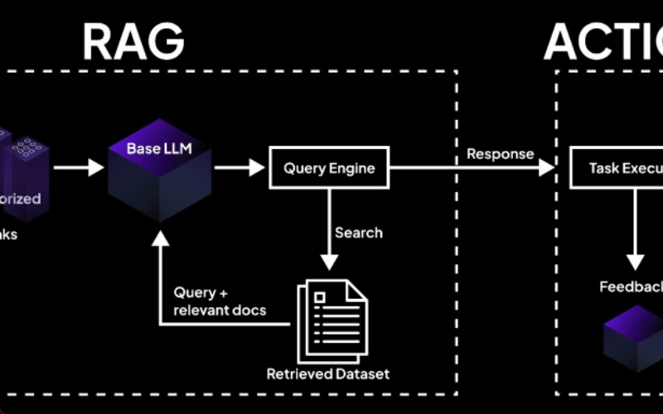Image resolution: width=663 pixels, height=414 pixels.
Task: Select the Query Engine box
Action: pyautogui.click(x=329, y=169)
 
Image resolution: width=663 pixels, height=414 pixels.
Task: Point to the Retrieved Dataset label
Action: pyautogui.click(x=328, y=373)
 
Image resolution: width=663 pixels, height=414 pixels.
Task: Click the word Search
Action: pyautogui.click(x=358, y=233)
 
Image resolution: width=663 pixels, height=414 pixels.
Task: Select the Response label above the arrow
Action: pyautogui.click(x=500, y=153)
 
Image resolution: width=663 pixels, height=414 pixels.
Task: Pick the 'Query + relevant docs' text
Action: pyautogui.click(x=220, y=301)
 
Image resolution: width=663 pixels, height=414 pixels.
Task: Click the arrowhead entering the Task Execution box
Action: pyautogui.click(x=546, y=169)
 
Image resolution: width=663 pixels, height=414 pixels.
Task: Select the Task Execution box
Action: pyautogui.click(x=617, y=169)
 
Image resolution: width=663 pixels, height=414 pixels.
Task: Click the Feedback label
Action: pyautogui.click(x=632, y=286)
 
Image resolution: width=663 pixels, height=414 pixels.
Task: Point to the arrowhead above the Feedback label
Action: pyautogui.click(x=635, y=262)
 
